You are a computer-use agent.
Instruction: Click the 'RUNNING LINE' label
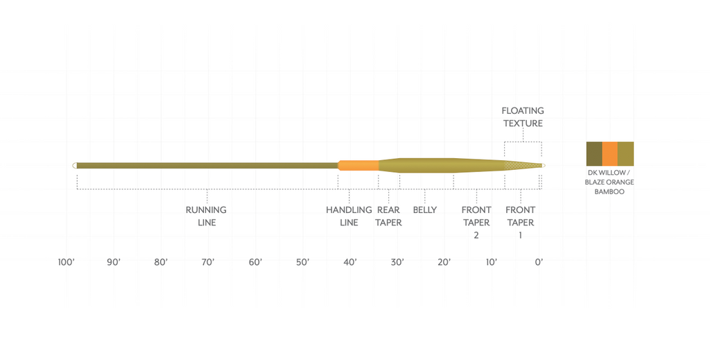[206, 216]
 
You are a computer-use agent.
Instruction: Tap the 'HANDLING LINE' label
[349, 216]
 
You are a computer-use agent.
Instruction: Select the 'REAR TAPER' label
[388, 216]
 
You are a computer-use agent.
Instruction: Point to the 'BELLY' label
[424, 209]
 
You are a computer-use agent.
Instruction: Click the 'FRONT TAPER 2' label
[476, 222]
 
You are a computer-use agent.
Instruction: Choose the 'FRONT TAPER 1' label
[520, 222]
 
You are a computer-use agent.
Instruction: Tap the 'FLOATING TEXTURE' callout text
[523, 117]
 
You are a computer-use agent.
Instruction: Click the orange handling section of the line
[358, 165]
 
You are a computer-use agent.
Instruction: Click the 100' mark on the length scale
[67, 262]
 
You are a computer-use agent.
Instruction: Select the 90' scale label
[114, 262]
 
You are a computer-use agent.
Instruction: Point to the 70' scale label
[208, 262]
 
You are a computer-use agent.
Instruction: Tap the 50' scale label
[302, 262]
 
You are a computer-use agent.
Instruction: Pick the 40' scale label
[349, 262]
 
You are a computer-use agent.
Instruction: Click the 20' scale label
[444, 262]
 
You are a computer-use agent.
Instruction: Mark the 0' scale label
[539, 262]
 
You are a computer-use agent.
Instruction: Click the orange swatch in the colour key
[609, 153]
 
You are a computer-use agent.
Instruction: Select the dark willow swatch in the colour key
[594, 153]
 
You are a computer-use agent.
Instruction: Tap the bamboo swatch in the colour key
[625, 153]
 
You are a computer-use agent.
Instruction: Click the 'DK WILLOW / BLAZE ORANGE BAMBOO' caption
[609, 182]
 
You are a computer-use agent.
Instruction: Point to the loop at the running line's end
[74, 165]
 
